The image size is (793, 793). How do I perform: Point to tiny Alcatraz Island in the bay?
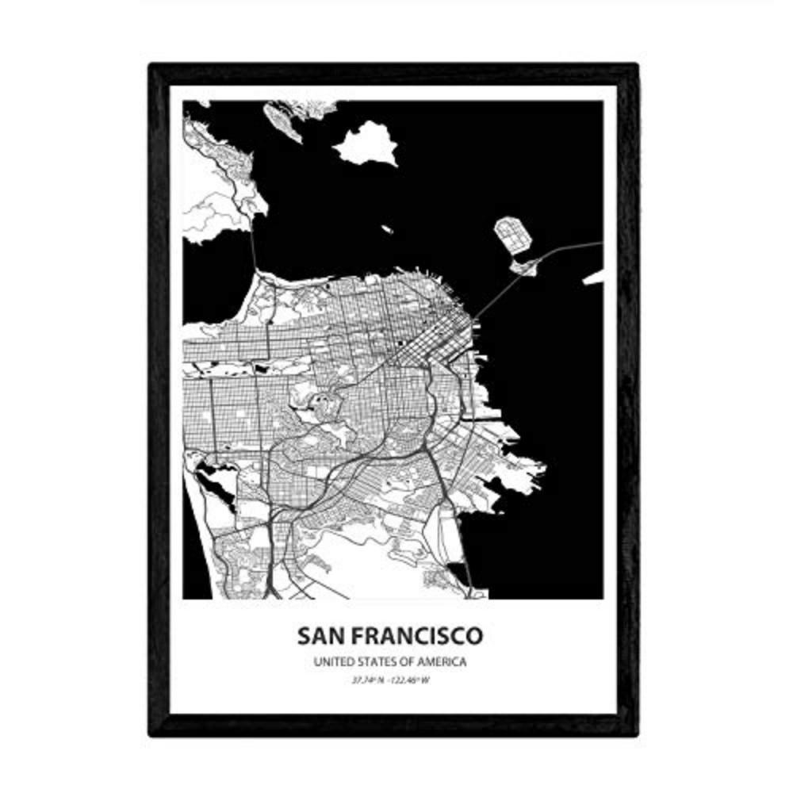click(x=386, y=230)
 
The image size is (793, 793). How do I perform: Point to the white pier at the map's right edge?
click(x=593, y=278)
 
